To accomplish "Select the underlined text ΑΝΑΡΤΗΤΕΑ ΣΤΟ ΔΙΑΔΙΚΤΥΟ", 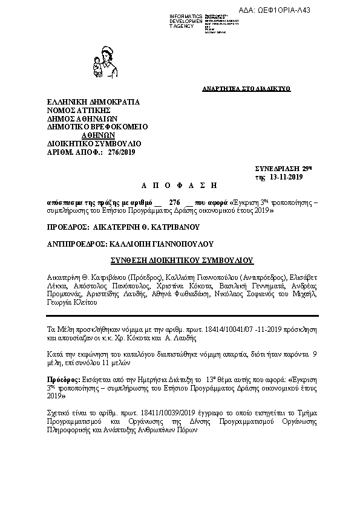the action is tap(246, 89).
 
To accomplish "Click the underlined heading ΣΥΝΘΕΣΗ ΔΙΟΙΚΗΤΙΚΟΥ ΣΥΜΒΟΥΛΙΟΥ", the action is tap(182, 261).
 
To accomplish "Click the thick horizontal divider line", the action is tap(182, 316).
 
